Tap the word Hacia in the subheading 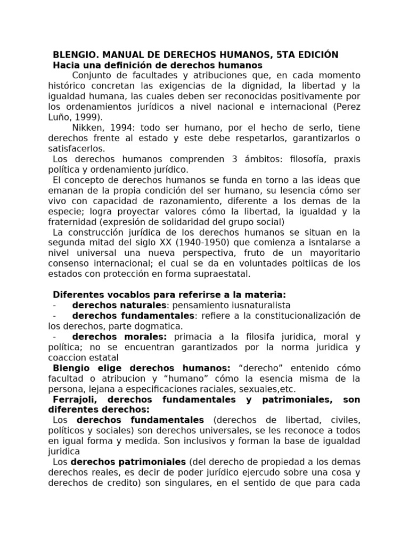(66, 65)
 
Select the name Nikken (87, 127)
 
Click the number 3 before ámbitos (208, 159)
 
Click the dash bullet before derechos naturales (55, 305)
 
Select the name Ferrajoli (75, 399)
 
